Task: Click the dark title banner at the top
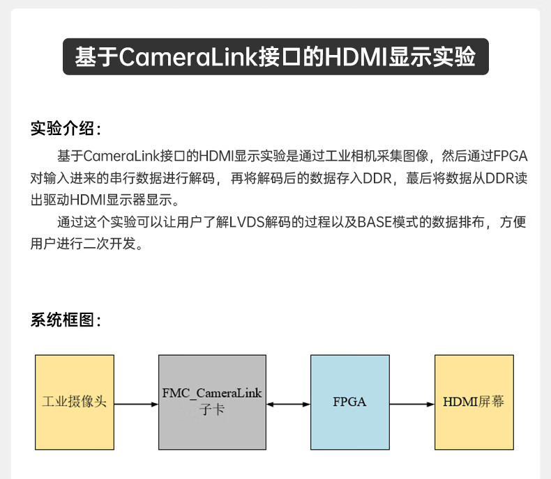(x=275, y=56)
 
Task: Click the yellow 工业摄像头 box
(x=75, y=402)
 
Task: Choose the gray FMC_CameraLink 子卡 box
(x=212, y=402)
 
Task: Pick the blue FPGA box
(x=349, y=402)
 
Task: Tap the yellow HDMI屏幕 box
(x=474, y=402)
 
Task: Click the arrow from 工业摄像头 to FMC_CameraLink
(x=136, y=403)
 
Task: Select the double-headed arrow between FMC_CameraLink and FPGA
(x=288, y=403)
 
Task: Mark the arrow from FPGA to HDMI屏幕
(x=412, y=403)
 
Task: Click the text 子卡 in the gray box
(x=212, y=411)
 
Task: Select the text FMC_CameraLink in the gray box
(x=212, y=393)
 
